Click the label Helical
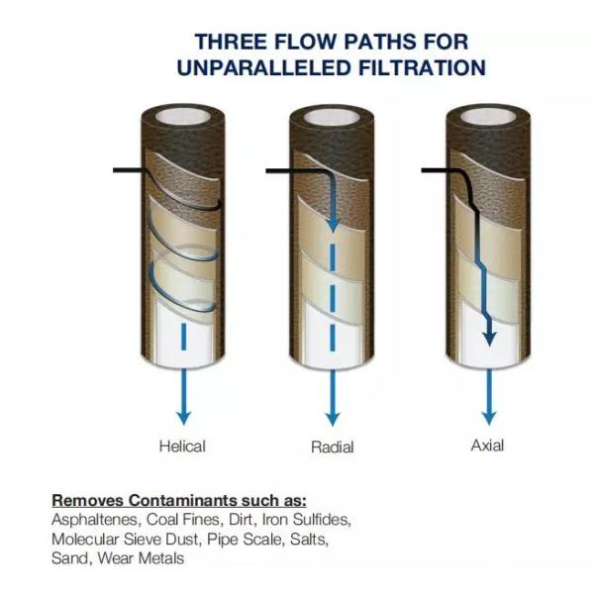coord(182,446)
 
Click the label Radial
coord(333,447)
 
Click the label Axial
coord(487,445)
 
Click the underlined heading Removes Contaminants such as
coord(179,500)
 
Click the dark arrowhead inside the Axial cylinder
coord(487,339)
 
